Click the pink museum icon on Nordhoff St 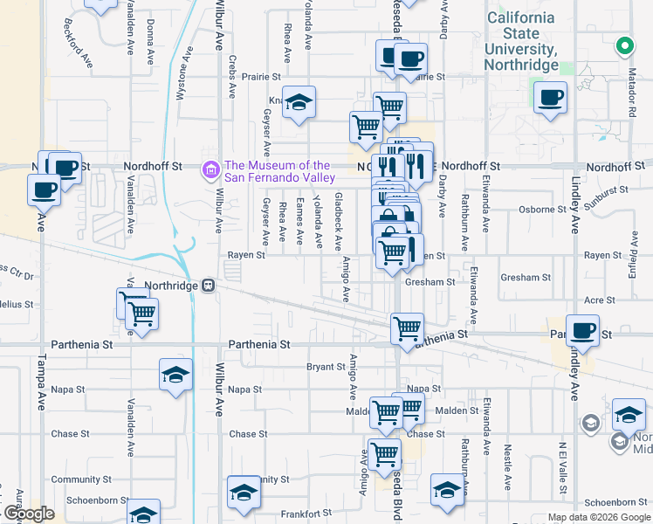(x=210, y=169)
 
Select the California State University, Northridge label (x=521, y=41)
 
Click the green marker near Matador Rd (x=624, y=45)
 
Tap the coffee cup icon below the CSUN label (x=549, y=98)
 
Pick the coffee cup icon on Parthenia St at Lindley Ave (x=582, y=330)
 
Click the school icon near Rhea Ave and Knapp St (x=298, y=102)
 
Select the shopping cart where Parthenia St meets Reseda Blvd (x=407, y=328)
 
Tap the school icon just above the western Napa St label (x=175, y=375)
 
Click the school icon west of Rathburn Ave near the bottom (x=446, y=490)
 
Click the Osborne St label (x=543, y=210)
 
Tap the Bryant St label (x=326, y=368)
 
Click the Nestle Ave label (x=507, y=466)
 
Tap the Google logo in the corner (x=28, y=514)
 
